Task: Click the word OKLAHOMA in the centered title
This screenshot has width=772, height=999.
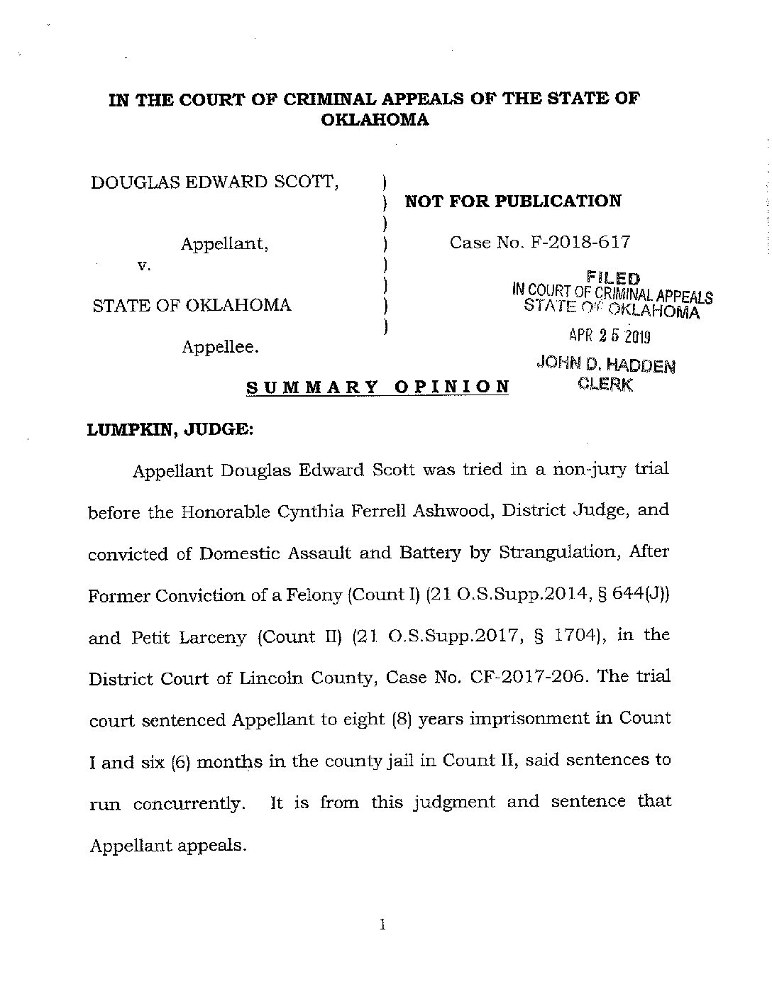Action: click(x=375, y=120)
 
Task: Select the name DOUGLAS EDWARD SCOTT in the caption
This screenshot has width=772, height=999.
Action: click(x=214, y=182)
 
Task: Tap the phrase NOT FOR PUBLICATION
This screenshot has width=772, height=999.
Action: click(x=512, y=202)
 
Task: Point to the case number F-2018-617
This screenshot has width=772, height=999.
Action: click(x=580, y=243)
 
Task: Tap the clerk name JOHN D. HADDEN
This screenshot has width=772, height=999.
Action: click(x=606, y=365)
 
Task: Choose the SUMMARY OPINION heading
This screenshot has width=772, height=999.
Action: click(x=377, y=387)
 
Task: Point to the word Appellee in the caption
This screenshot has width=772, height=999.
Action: click(x=220, y=348)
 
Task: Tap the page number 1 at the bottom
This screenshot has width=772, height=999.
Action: click(x=382, y=925)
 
